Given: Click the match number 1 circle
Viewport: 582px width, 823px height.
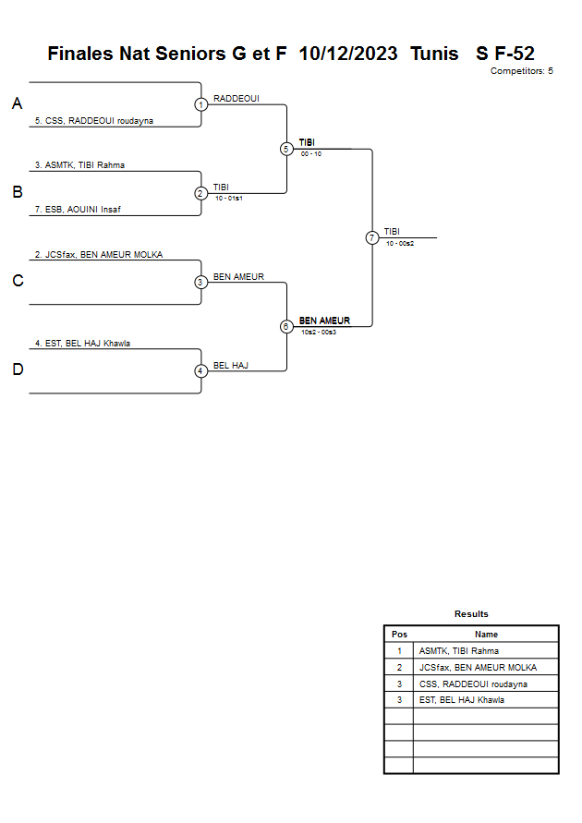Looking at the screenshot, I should point(201,104).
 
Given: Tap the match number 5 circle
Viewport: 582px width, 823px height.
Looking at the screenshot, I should point(286,149).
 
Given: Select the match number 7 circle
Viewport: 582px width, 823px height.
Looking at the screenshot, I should point(372,237).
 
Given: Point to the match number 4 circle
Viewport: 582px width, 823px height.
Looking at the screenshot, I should point(201,371).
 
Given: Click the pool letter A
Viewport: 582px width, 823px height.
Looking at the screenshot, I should point(17,104).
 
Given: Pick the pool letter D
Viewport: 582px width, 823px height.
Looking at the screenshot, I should point(17,370).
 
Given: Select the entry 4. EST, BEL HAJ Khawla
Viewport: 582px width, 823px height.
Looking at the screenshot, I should point(82,344).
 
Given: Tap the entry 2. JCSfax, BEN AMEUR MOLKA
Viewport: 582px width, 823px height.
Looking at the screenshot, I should point(98,255).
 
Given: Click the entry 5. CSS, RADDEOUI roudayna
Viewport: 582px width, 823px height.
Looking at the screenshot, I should point(93,121).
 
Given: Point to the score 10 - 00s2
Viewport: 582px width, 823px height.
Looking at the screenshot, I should point(400,244).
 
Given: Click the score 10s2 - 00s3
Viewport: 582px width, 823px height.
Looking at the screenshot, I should point(319,332).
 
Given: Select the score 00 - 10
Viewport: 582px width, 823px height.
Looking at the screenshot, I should point(311,154).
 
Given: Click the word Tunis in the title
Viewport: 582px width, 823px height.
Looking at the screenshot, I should point(434,54).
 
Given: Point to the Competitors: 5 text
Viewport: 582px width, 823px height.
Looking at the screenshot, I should point(522,71).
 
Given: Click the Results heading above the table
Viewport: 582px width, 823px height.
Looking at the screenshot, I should point(471,614).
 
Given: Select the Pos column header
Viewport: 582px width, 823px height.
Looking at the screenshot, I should point(399,635).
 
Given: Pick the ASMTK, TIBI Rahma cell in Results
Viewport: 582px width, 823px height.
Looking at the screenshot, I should point(458,651).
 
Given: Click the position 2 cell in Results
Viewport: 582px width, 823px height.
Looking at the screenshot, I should point(399,668).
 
